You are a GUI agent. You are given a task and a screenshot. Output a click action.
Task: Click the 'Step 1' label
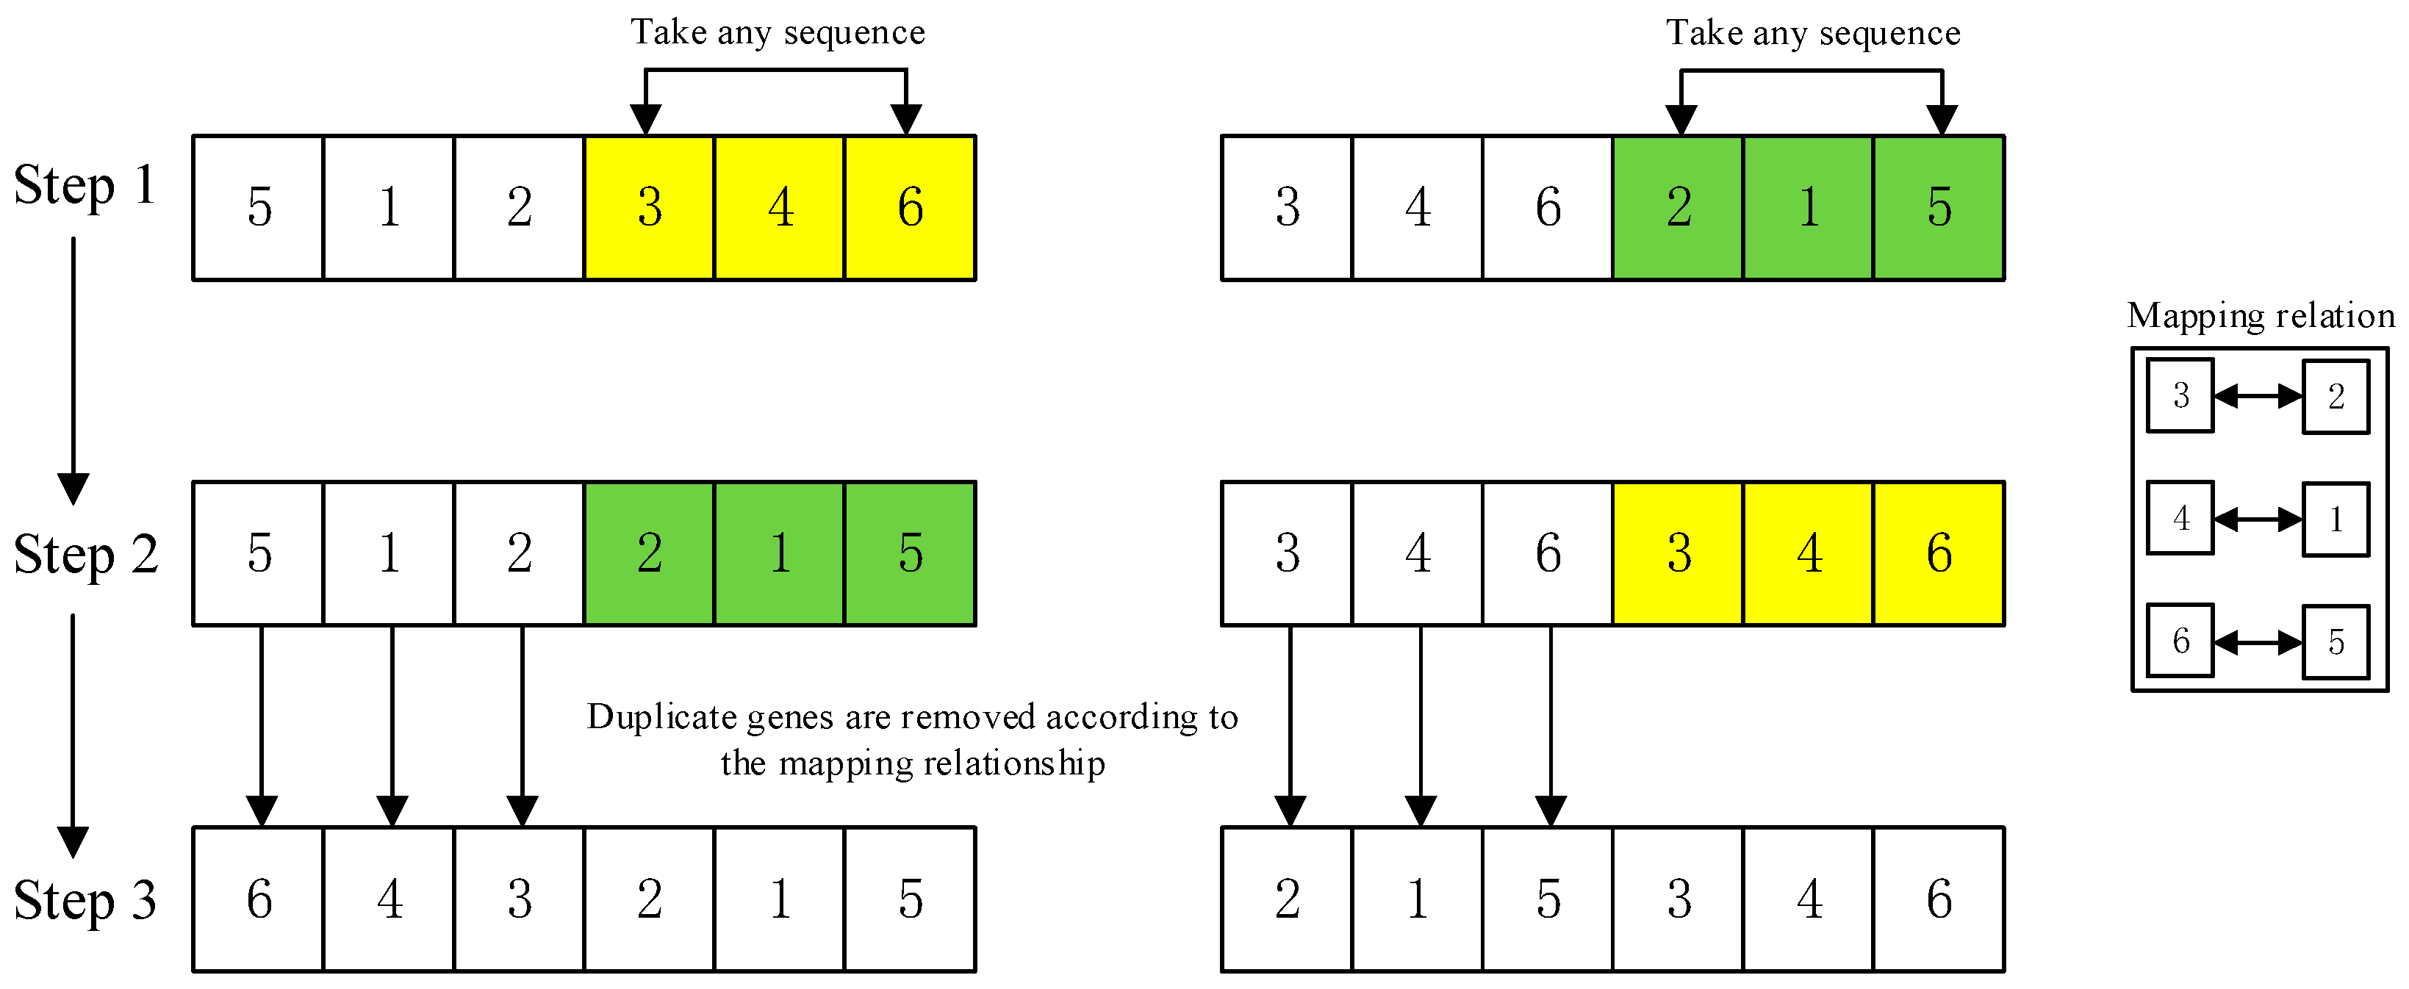[85, 185]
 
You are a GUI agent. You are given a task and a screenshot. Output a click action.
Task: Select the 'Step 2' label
[86, 554]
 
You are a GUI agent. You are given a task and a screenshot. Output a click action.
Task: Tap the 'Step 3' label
[85, 900]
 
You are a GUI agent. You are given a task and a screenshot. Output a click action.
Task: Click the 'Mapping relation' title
[2261, 316]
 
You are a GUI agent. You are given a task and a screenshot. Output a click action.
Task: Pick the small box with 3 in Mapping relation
[2180, 395]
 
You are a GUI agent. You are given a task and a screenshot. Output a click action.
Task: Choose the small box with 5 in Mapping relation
[2335, 641]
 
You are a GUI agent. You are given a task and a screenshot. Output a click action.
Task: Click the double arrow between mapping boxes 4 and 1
[2258, 519]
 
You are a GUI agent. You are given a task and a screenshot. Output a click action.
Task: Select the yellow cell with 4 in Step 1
[780, 207]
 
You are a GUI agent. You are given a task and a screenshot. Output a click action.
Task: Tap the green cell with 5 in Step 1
[1939, 207]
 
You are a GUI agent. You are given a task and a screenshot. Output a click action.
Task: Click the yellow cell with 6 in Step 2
[1939, 553]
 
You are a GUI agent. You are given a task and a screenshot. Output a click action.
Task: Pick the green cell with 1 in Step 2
[780, 553]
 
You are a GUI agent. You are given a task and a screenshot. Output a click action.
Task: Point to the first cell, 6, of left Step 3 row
[259, 899]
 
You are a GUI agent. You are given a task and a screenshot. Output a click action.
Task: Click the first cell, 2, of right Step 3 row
[1287, 899]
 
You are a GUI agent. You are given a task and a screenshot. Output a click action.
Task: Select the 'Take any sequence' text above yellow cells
[777, 33]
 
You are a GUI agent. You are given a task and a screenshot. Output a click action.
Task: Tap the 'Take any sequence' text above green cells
[1812, 33]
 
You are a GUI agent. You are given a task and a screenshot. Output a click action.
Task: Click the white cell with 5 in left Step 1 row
[259, 207]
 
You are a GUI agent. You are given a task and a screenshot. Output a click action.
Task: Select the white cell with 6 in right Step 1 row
[1548, 207]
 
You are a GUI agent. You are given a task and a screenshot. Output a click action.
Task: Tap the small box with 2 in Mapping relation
[2335, 396]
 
